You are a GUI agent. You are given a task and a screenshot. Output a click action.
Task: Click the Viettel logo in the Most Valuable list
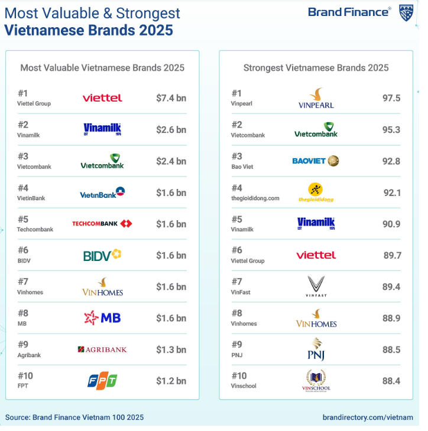102,98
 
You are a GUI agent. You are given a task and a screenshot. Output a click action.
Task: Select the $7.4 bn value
171,98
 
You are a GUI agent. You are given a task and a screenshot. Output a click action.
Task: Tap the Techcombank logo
102,224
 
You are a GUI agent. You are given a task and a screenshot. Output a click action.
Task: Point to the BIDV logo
102,255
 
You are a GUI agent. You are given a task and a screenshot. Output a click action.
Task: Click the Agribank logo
102,350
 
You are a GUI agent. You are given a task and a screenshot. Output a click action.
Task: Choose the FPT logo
102,381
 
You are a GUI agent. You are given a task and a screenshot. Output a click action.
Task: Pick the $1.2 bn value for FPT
171,381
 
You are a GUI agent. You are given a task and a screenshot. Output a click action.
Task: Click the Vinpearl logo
316,98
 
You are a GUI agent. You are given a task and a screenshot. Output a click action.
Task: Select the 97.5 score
391,98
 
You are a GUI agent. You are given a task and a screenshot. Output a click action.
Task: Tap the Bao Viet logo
316,161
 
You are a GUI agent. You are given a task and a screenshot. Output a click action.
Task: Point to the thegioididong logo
316,192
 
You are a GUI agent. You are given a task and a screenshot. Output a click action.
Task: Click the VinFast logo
316,286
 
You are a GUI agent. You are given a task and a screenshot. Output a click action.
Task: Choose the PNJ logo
316,349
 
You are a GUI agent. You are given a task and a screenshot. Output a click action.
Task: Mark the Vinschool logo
316,380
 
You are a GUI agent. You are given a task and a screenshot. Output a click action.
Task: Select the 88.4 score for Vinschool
391,381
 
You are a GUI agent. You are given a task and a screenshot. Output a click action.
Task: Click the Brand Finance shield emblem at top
406,12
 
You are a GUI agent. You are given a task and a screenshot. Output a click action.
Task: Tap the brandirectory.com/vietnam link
368,417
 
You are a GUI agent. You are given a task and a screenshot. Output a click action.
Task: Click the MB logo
102,318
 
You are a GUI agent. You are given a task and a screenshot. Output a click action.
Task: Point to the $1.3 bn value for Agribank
171,350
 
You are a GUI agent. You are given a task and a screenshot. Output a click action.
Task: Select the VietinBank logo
102,192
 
